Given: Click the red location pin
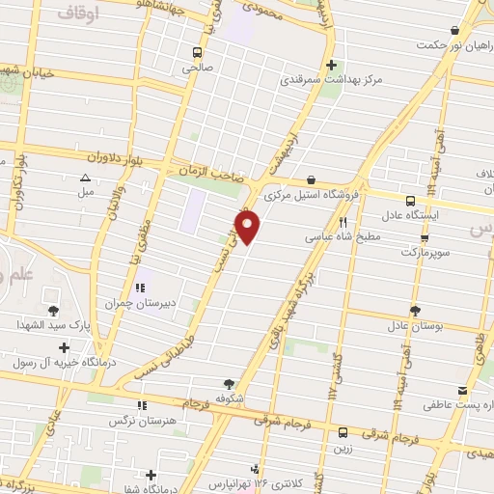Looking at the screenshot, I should click(249, 227).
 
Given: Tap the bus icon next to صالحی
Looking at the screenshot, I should click(197, 52).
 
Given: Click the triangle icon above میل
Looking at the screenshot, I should click(85, 178).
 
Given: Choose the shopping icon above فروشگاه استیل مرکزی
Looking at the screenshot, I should click(311, 179).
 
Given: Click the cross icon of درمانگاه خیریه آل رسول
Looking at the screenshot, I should click(64, 347).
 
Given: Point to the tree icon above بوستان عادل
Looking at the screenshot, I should click(415, 311).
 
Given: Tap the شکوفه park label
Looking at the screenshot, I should click(229, 397).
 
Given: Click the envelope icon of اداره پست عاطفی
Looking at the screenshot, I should click(463, 390).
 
